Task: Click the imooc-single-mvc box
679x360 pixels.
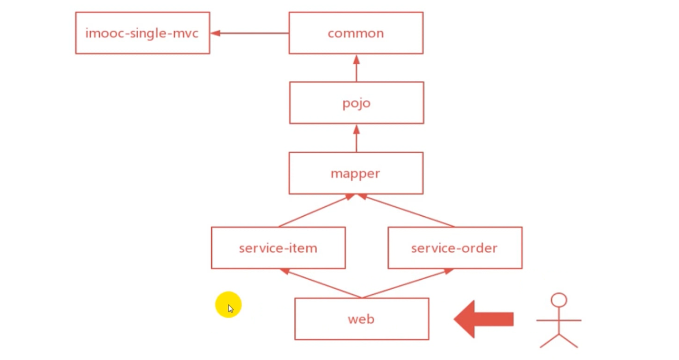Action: (142, 33)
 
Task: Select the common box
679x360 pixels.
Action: (356, 33)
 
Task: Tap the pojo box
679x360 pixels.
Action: (356, 103)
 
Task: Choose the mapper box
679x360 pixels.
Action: (356, 173)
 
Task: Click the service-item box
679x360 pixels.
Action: (278, 248)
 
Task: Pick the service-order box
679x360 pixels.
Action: (455, 248)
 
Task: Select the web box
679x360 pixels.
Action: (361, 319)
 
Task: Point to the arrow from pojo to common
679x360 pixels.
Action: (356, 68)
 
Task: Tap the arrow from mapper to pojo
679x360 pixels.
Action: (356, 138)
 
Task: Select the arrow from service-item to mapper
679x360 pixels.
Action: (316, 211)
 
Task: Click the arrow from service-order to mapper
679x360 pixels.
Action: (406, 211)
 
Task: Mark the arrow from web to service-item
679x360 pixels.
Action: (321, 284)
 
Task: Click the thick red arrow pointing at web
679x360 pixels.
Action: (483, 319)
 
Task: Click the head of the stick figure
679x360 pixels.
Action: (559, 300)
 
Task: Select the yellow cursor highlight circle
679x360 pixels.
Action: (228, 305)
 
